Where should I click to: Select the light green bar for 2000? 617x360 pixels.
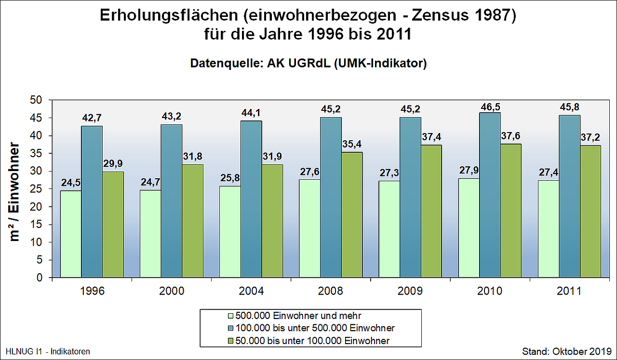(x=150, y=234)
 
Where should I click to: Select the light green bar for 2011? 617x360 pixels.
(x=549, y=229)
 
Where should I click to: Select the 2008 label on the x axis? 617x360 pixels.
(x=331, y=292)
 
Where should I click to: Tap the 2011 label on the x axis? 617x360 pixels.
(x=570, y=292)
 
